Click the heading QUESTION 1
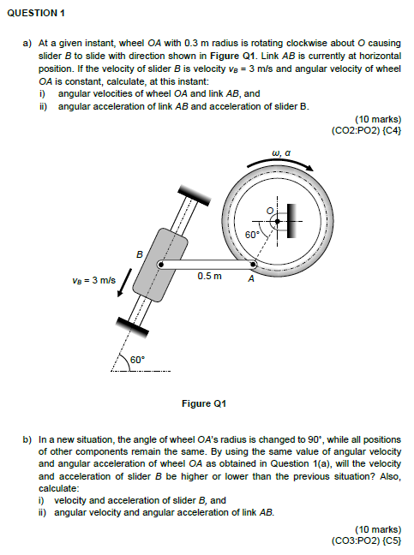pos(36,13)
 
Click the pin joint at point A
pos(253,264)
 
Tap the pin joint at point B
pos(160,264)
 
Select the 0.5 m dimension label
pos(210,276)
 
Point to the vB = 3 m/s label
pos(93,280)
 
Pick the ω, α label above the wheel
pos(281,153)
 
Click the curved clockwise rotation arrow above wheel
pos(280,164)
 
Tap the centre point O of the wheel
pos(278,221)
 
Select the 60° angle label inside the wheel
pos(253,235)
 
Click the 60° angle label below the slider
pos(137,360)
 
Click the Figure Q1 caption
pos(204,403)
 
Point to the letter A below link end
pos(251,279)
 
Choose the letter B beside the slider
pos(140,254)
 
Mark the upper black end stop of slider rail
pos(194,195)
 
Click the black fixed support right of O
pos(291,221)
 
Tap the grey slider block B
pos(160,265)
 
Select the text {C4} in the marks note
pos(393,130)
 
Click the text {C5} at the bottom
pos(393,540)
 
